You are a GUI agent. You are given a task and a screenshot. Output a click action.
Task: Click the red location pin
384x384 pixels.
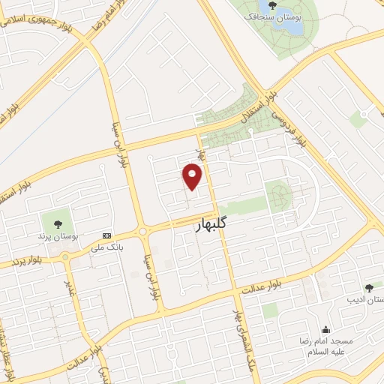(193, 175)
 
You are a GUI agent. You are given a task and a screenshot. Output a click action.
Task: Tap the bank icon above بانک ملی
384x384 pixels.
(106, 235)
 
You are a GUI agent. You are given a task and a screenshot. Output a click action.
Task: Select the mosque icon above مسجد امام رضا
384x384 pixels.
(325, 328)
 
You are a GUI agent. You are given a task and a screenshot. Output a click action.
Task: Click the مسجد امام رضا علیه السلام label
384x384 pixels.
(325, 346)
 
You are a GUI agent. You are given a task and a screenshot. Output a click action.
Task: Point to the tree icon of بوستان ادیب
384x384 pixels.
(368, 287)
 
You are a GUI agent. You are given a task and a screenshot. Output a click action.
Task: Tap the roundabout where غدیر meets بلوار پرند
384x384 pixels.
(66, 258)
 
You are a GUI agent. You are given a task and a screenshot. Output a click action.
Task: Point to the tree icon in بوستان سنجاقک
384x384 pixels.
(271, 6)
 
